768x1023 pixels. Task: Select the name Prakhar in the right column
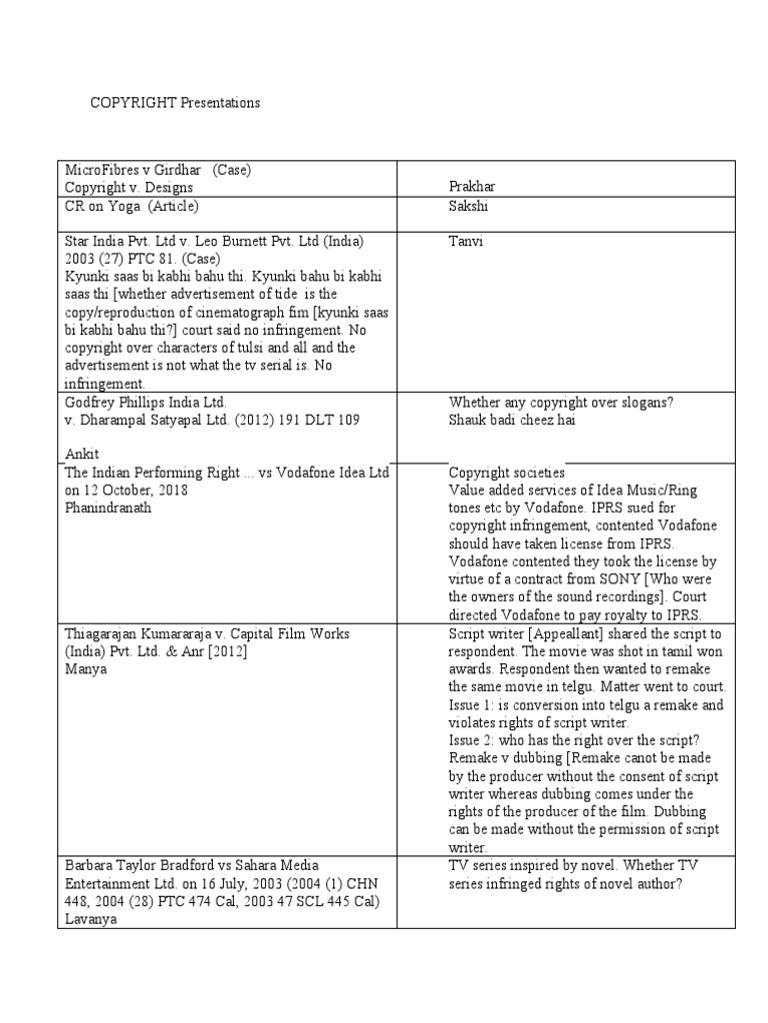click(x=472, y=187)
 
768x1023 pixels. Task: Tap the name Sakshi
click(x=467, y=207)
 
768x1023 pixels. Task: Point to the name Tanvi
click(x=465, y=243)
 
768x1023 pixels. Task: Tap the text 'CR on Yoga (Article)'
click(x=131, y=207)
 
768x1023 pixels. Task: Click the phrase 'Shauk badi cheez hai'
click(x=512, y=419)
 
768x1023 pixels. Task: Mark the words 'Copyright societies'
click(x=507, y=472)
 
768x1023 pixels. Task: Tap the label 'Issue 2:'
click(x=474, y=741)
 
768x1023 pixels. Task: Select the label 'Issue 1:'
click(x=474, y=705)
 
